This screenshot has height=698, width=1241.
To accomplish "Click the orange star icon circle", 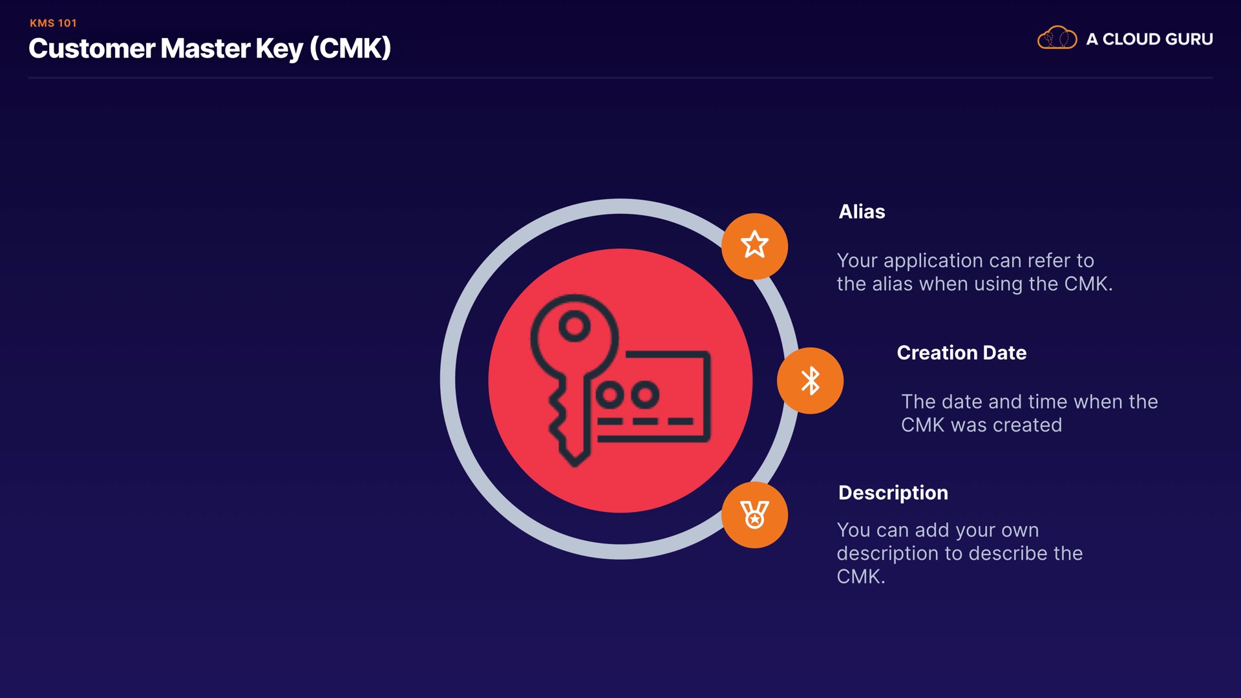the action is pyautogui.click(x=754, y=246).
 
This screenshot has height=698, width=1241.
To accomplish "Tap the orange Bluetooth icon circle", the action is pyautogui.click(x=810, y=381).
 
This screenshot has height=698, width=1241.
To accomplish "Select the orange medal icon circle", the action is pyautogui.click(x=754, y=515).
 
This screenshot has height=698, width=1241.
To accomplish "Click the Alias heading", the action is pyautogui.click(x=862, y=212).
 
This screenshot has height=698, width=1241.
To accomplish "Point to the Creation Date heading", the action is pyautogui.click(x=961, y=353).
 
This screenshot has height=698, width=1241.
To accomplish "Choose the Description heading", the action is pyautogui.click(x=893, y=493).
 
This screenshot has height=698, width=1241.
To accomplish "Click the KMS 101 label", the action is pyautogui.click(x=53, y=23).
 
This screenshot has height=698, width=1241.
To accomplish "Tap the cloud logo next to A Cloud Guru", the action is pyautogui.click(x=1057, y=39).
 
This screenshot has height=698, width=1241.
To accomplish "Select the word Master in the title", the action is pyautogui.click(x=205, y=49).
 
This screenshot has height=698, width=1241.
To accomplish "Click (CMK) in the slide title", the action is pyautogui.click(x=350, y=49).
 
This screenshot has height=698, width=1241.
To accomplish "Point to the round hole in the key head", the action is pyautogui.click(x=574, y=326).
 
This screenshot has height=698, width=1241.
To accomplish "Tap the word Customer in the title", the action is pyautogui.click(x=91, y=49).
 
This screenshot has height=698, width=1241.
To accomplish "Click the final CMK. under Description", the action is pyautogui.click(x=860, y=576).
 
